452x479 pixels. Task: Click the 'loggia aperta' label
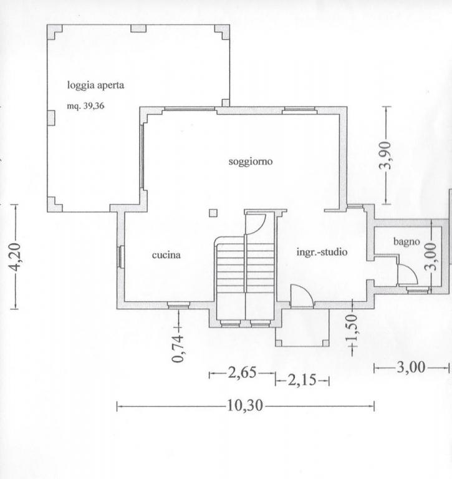click(x=95, y=85)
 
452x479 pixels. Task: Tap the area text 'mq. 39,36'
click(x=85, y=106)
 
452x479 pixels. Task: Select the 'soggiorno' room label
click(x=251, y=162)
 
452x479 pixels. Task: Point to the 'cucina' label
click(x=166, y=254)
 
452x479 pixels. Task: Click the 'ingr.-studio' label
click(x=322, y=252)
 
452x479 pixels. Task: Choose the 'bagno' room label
click(x=406, y=241)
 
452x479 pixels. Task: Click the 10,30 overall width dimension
click(x=244, y=405)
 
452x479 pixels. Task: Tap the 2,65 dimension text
click(x=242, y=373)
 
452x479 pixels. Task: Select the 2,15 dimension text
click(x=302, y=380)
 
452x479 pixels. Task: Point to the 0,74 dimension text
click(x=178, y=348)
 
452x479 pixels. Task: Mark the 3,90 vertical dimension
click(x=385, y=155)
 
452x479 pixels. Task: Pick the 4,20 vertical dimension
click(x=15, y=257)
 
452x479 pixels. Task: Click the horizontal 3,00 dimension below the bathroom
click(x=411, y=367)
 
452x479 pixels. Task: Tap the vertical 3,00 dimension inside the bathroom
click(x=431, y=257)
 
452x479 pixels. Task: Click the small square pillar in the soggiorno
click(x=213, y=213)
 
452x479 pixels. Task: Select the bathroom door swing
click(x=408, y=274)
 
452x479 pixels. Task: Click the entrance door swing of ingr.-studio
click(x=302, y=296)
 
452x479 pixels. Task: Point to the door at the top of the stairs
click(x=256, y=225)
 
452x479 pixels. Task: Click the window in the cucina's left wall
click(x=121, y=257)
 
